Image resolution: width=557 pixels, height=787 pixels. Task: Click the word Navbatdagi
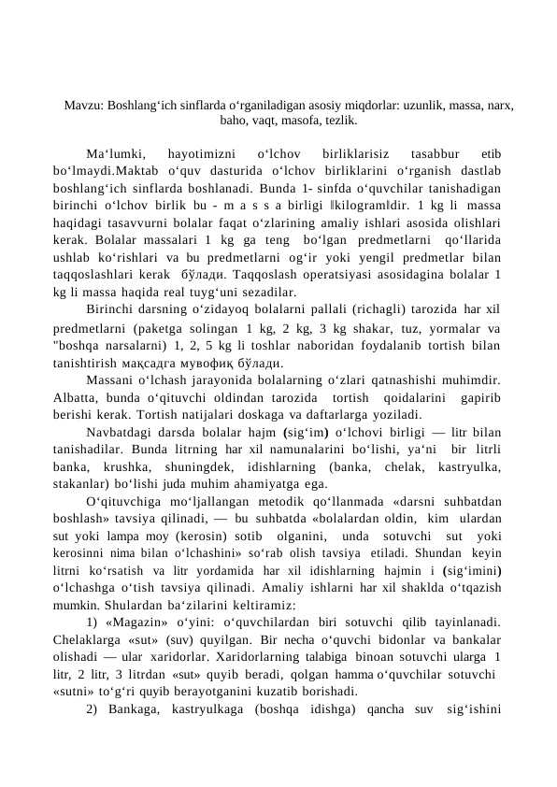pyautogui.click(x=119, y=432)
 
